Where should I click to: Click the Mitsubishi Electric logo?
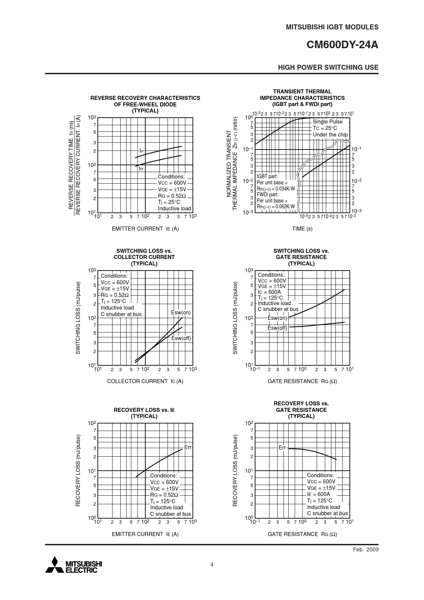click(x=74, y=566)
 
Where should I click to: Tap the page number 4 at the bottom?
click(x=212, y=564)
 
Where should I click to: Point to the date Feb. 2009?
click(x=366, y=549)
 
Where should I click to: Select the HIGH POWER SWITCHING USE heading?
click(x=328, y=67)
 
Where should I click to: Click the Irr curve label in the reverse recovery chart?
click(x=142, y=151)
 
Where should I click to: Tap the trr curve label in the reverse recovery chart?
click(x=141, y=169)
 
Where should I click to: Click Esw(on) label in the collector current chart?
click(x=181, y=313)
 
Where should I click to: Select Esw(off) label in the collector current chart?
click(x=181, y=338)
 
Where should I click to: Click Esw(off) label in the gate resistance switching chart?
click(x=277, y=328)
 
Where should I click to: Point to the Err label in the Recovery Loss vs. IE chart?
click(x=188, y=447)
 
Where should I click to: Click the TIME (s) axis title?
click(x=302, y=229)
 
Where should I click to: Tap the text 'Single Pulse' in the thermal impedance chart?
click(x=327, y=122)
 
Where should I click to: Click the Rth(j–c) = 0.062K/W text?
click(x=276, y=206)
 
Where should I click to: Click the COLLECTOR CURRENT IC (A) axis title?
click(x=145, y=381)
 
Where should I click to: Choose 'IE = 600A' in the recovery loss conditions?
click(x=318, y=494)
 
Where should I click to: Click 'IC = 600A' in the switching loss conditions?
click(x=269, y=292)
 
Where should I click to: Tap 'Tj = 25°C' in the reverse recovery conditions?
click(x=169, y=202)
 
